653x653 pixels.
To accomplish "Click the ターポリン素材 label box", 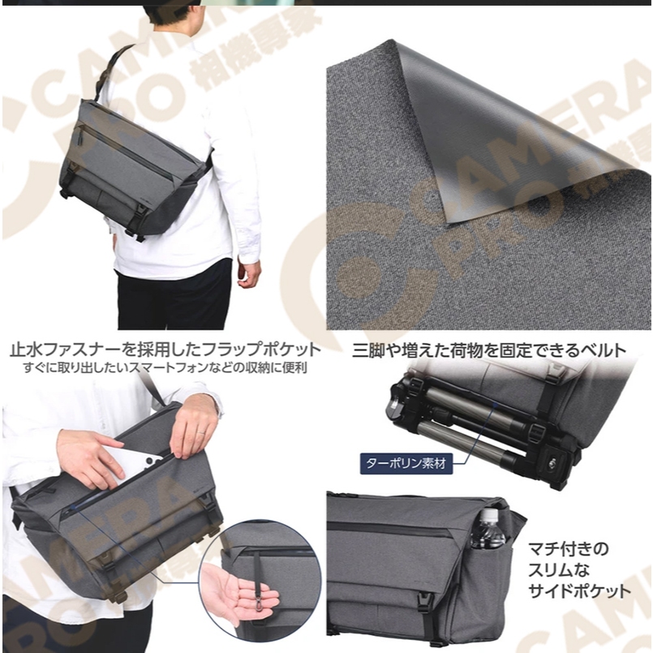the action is [406, 462].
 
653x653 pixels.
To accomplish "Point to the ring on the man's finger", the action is [200, 432].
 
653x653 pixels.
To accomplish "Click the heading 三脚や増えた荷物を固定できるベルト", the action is [489, 350].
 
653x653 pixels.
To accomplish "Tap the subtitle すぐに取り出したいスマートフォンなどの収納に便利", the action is [165, 368].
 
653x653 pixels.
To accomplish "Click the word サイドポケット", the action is [579, 591].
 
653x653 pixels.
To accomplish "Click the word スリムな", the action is [559, 570].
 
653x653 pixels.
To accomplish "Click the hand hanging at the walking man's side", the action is [250, 273].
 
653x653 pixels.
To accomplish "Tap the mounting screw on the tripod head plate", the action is [554, 461].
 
